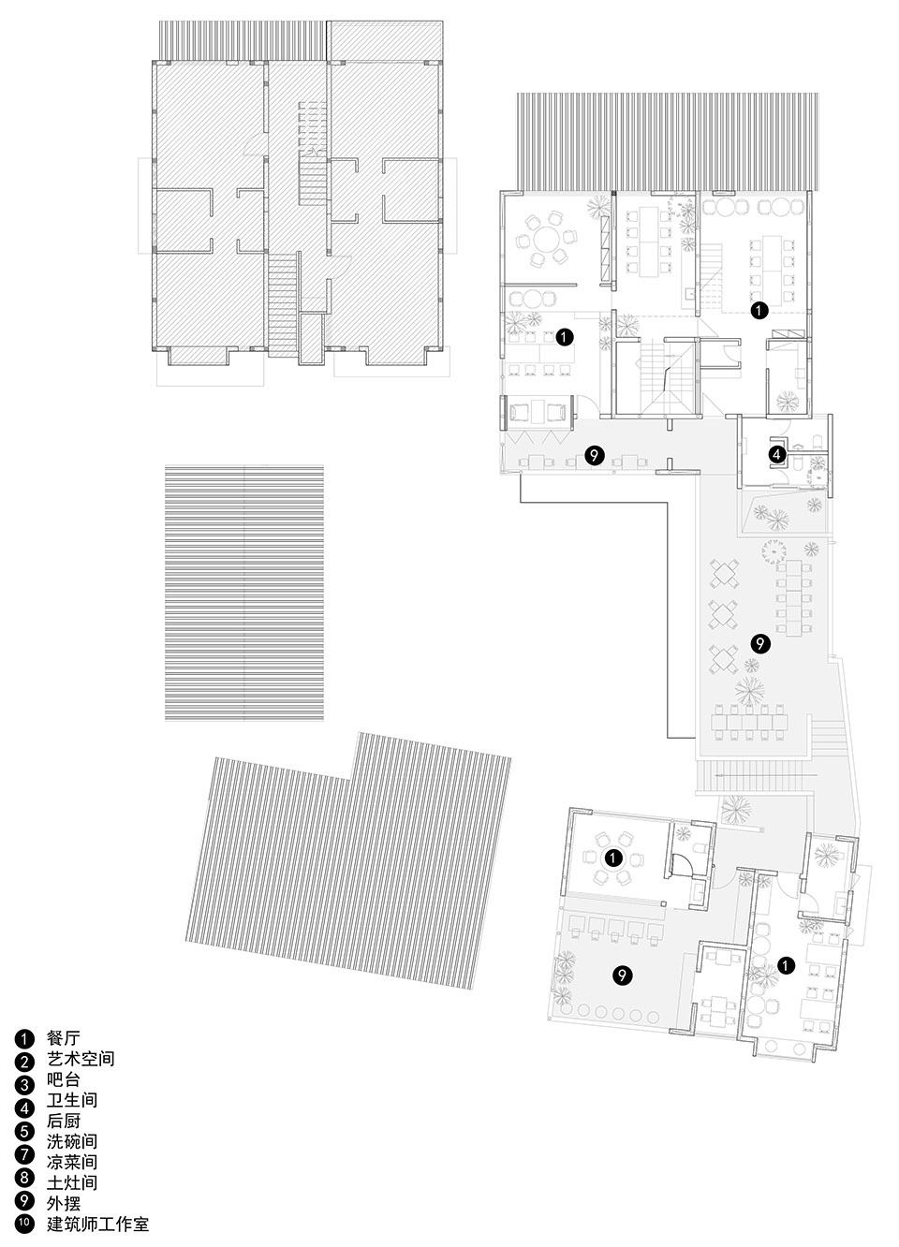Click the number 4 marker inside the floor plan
click(777, 455)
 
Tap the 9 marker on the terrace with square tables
click(760, 643)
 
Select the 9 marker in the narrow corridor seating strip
click(595, 455)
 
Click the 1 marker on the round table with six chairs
click(613, 858)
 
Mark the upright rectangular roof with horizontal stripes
click(244, 593)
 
